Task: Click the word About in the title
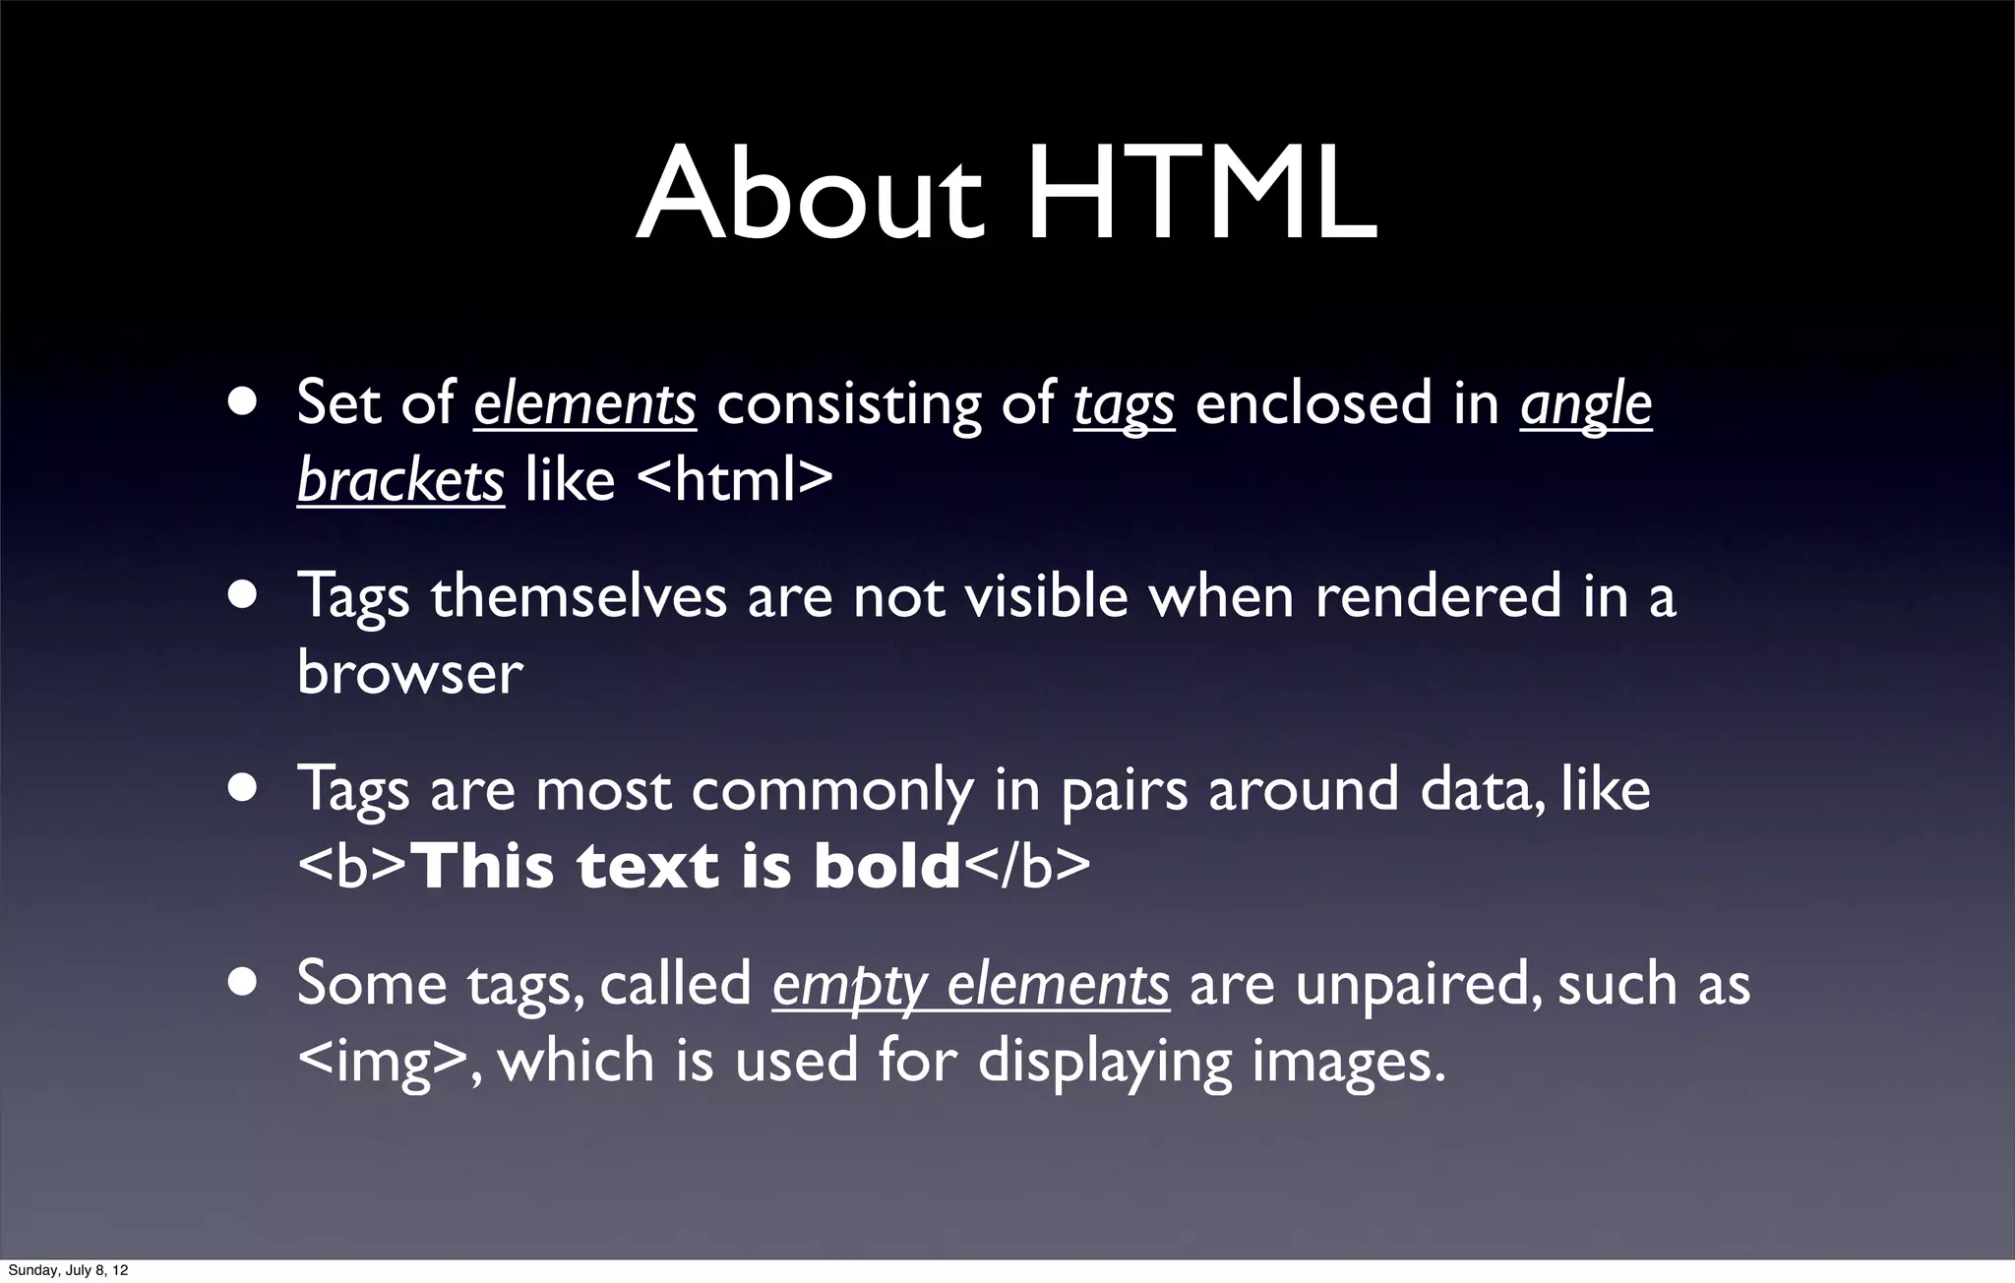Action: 810,194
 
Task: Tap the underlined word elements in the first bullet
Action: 584,404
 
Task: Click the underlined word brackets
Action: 400,481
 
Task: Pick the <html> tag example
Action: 735,481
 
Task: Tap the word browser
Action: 409,674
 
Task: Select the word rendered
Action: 1437,597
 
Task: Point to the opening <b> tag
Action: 351,867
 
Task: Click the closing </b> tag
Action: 1025,867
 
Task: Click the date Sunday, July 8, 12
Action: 68,1271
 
